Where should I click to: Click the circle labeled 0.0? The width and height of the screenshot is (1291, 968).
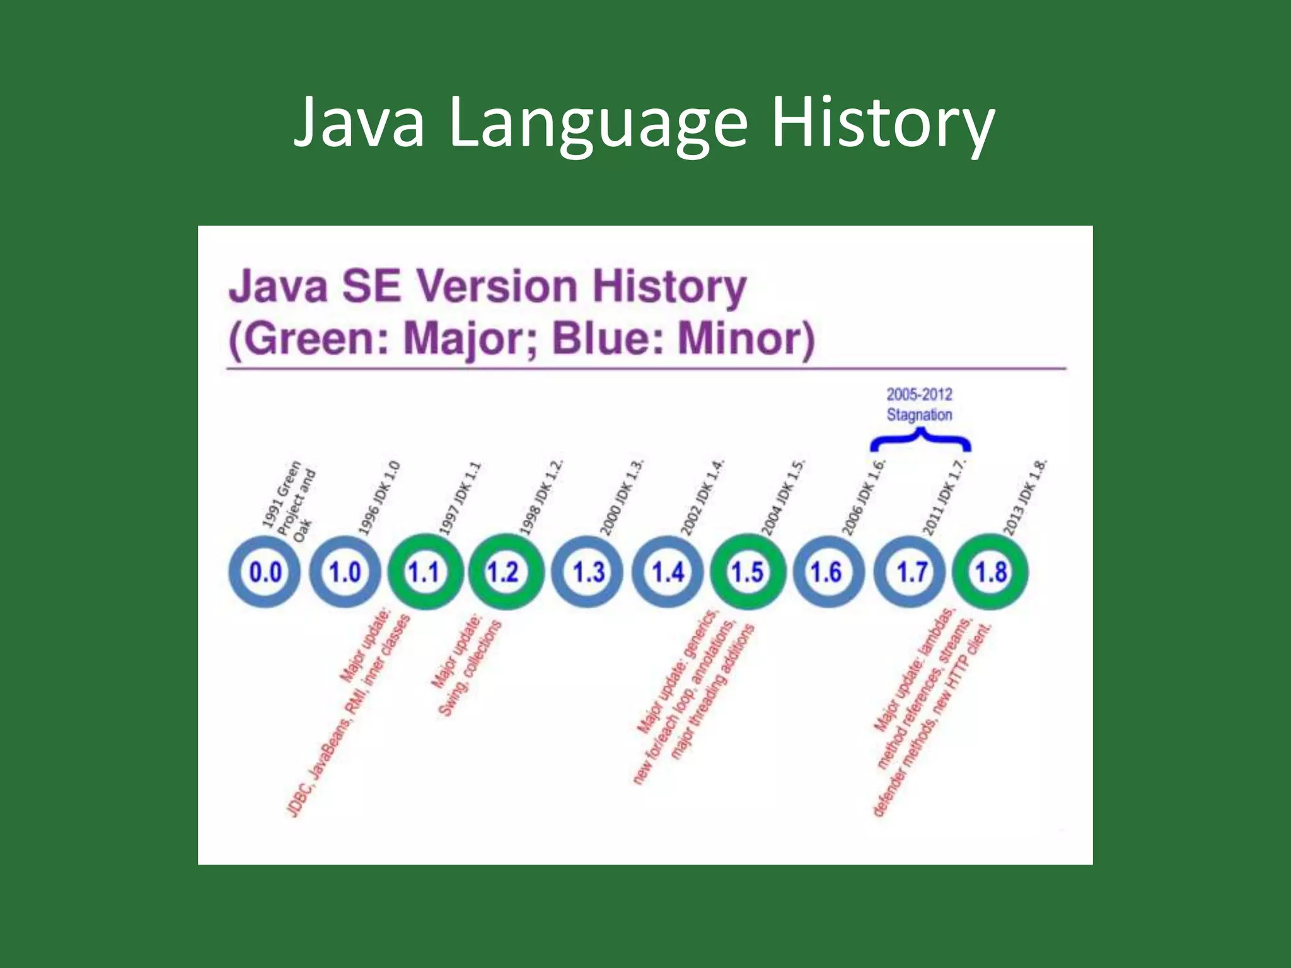[x=265, y=572]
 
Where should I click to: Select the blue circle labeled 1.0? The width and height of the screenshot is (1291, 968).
[x=345, y=572]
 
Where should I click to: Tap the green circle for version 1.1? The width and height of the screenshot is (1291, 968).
[x=424, y=572]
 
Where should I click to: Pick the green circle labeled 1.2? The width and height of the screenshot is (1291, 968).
[x=503, y=572]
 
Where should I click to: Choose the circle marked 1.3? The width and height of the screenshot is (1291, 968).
[x=588, y=572]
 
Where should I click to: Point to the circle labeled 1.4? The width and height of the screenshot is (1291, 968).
[x=668, y=572]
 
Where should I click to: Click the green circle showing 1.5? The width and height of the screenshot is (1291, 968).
[x=747, y=572]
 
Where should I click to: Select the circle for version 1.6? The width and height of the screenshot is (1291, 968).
[x=826, y=572]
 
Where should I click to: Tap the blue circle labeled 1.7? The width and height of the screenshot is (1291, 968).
[x=912, y=572]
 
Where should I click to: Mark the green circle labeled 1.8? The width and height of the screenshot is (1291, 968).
[x=991, y=572]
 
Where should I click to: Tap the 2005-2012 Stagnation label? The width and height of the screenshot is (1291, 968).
[x=919, y=405]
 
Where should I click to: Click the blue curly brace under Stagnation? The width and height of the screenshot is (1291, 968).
[x=920, y=440]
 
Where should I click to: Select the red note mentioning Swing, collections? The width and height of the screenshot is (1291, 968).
[x=466, y=668]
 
